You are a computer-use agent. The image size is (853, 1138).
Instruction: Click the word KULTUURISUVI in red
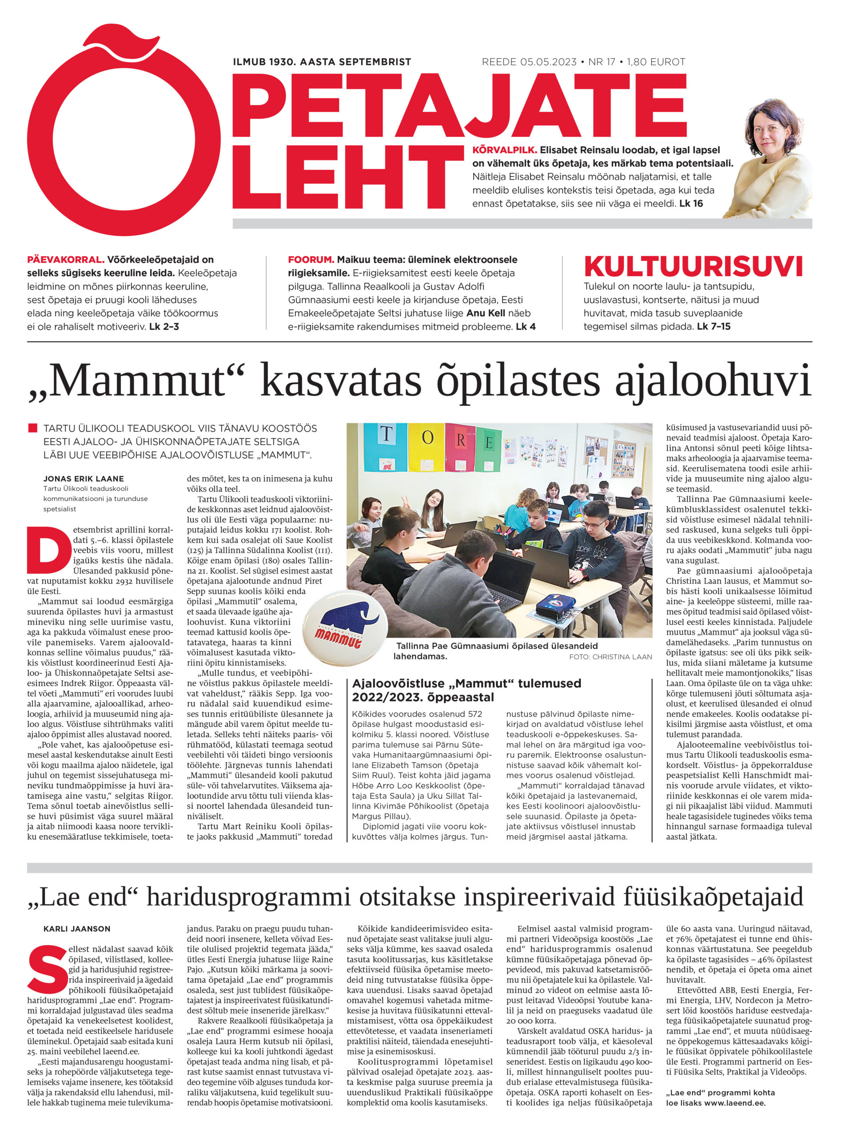coord(693,266)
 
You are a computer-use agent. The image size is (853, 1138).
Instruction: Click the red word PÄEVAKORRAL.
coord(66,260)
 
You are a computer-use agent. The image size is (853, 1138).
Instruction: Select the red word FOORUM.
coord(311,260)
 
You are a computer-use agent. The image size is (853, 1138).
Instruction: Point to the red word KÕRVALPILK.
coord(504,150)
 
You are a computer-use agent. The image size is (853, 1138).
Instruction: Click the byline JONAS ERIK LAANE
coord(83,478)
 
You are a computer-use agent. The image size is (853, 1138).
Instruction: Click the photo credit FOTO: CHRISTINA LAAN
coord(610,657)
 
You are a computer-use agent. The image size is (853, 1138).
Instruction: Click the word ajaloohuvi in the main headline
coord(713,382)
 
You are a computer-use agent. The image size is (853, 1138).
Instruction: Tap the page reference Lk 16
coord(690,204)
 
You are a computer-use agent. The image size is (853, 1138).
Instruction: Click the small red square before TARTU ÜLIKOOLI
coord(33,428)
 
